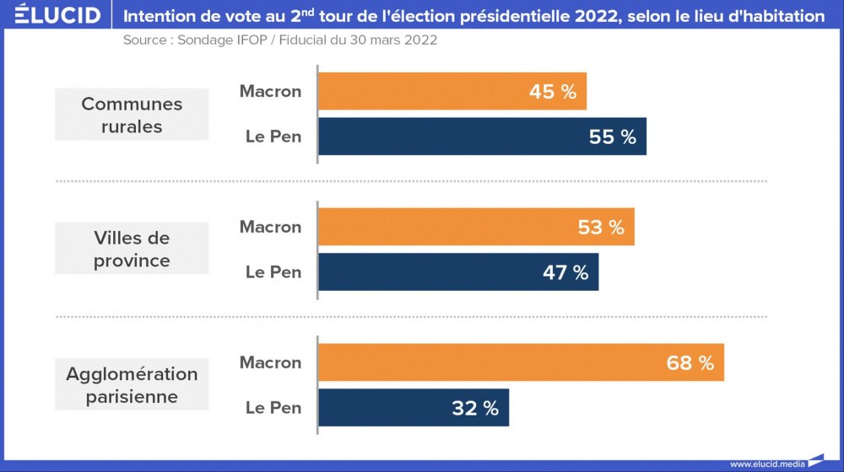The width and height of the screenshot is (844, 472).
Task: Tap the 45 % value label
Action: [553, 92]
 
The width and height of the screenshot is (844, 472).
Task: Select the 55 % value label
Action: [613, 137]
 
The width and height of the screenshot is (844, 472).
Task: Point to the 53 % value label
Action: [601, 228]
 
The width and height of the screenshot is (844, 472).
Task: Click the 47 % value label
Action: [565, 272]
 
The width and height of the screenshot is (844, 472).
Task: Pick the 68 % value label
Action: [690, 363]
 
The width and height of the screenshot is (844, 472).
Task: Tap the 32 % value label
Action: [475, 408]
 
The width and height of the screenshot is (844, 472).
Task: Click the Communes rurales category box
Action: [132, 115]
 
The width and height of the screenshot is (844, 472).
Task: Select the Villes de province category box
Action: [132, 249]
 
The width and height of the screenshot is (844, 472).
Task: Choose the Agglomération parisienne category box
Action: [132, 384]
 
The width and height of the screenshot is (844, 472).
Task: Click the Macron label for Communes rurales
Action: [270, 91]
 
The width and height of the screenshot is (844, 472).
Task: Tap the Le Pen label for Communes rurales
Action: [273, 137]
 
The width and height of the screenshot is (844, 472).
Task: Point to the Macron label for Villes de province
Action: [270, 227]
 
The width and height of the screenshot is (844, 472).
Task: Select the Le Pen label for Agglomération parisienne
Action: [273, 408]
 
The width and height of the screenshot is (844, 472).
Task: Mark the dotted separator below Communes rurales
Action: [411, 181]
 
